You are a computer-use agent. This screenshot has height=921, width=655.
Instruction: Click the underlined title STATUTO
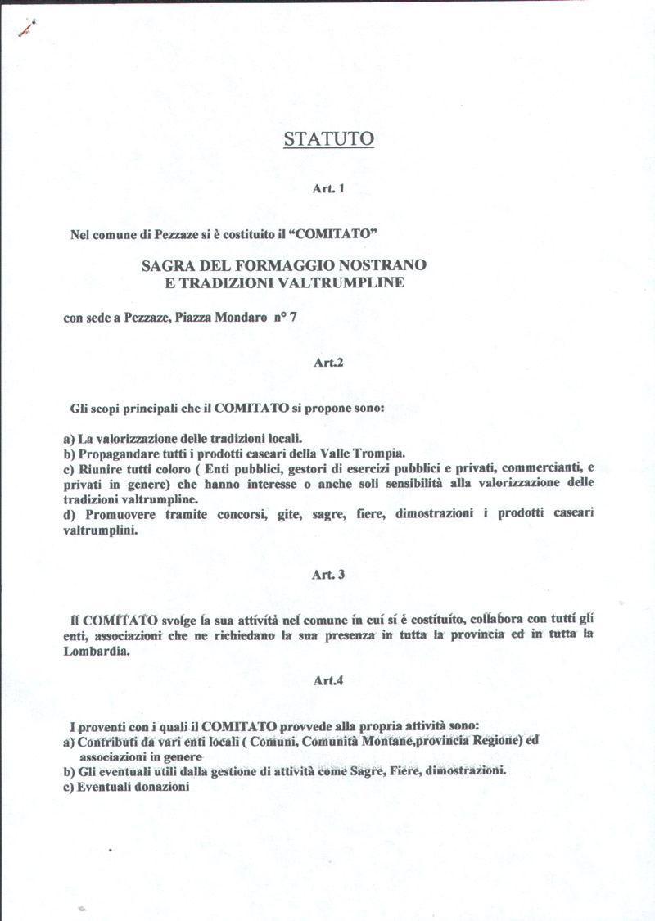[328, 139]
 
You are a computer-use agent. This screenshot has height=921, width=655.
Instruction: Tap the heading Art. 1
[327, 188]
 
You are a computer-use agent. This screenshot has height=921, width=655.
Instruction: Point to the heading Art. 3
[327, 575]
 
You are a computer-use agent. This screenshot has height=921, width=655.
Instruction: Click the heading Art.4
[327, 679]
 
